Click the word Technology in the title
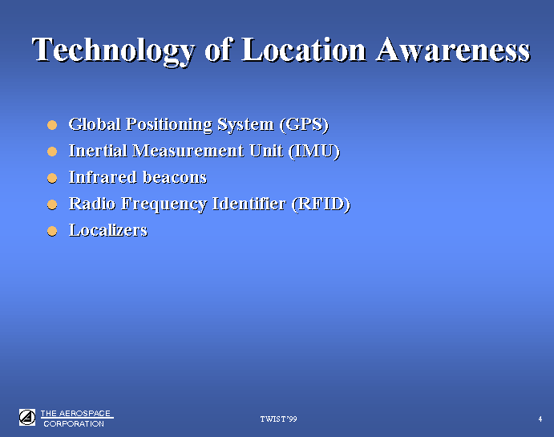[x=113, y=51]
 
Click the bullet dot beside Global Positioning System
[x=52, y=125]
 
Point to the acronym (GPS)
[x=304, y=125]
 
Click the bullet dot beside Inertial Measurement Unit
[x=52, y=152]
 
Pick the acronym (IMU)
[x=314, y=152]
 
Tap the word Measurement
[x=188, y=151]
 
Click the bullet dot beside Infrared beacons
[x=52, y=178]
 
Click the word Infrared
[x=103, y=177]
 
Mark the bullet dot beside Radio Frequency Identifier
[x=52, y=204]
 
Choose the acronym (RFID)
[x=321, y=204]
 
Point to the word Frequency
[x=164, y=204]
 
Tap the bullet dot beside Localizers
[x=52, y=231]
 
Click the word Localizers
[x=108, y=230]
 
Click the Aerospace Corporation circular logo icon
[x=27, y=418]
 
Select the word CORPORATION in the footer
[x=74, y=423]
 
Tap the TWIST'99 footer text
[x=279, y=419]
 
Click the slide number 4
[x=540, y=419]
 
